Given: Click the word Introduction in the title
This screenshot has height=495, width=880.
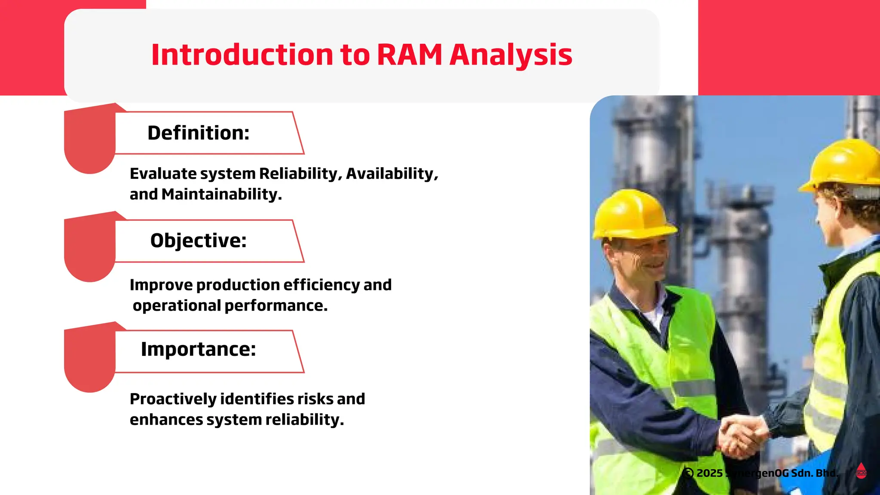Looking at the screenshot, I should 242,55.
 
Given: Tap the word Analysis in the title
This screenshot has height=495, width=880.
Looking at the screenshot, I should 510,55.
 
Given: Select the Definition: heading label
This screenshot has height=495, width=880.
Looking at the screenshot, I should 198,133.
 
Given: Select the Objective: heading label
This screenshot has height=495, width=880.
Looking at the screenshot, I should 198,241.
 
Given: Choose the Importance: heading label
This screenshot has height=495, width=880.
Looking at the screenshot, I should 198,349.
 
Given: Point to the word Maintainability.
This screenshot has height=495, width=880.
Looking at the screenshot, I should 221,194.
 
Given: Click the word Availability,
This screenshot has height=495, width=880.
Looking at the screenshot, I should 392,174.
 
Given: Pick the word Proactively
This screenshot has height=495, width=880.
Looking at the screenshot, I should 173,399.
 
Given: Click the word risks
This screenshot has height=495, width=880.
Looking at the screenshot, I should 315,399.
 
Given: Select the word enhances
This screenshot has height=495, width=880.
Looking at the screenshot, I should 166,419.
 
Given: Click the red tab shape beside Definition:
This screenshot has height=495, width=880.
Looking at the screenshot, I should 89,140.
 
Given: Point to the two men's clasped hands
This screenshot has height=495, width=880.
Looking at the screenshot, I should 743,436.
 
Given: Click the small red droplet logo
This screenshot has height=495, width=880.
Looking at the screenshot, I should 861,471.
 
